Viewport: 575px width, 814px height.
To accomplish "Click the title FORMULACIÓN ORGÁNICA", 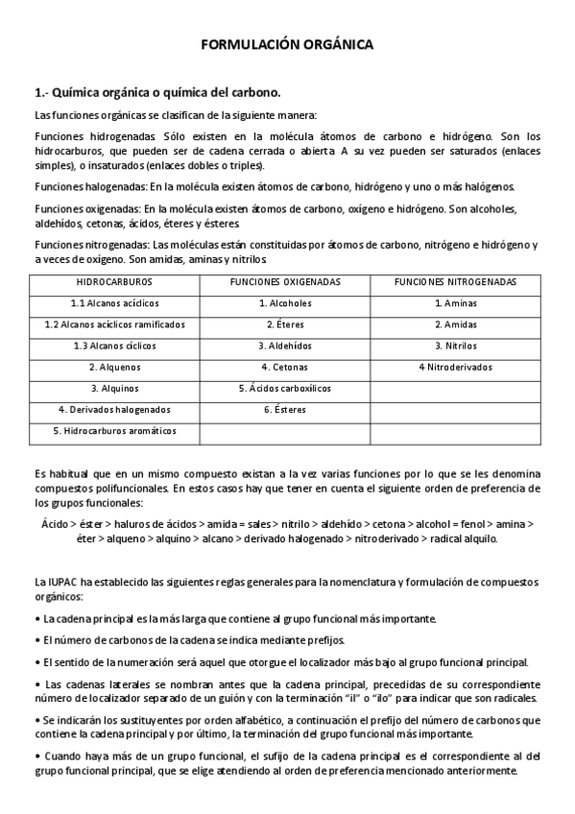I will pyautogui.click(x=287, y=44).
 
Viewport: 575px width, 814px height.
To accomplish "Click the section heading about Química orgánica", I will pyautogui.click(x=157, y=93).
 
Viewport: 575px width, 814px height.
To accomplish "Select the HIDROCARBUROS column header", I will pyautogui.click(x=114, y=282).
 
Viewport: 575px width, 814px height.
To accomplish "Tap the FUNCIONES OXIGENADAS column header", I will pyautogui.click(x=285, y=282).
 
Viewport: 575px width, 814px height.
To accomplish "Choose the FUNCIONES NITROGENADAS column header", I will pyautogui.click(x=456, y=282).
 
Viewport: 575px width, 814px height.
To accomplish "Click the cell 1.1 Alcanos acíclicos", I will pyautogui.click(x=114, y=303).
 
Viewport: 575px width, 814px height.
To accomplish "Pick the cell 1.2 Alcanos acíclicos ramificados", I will pyautogui.click(x=114, y=324).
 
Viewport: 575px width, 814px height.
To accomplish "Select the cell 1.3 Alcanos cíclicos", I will pyautogui.click(x=114, y=346).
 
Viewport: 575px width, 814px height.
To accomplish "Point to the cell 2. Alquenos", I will pyautogui.click(x=114, y=367).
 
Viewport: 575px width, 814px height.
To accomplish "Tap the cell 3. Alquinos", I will pyautogui.click(x=114, y=389).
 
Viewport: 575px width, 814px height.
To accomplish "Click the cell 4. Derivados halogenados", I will pyautogui.click(x=114, y=410).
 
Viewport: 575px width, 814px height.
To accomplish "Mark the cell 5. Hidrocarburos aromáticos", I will pyautogui.click(x=114, y=431).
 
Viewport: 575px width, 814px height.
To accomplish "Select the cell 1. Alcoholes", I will pyautogui.click(x=285, y=303).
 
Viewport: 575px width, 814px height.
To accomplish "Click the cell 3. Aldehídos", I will pyautogui.click(x=285, y=346).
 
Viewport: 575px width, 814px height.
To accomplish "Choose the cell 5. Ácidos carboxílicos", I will pyautogui.click(x=285, y=389).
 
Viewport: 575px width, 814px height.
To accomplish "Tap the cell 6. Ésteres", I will pyautogui.click(x=285, y=410).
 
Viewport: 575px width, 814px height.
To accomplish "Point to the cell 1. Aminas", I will pyautogui.click(x=456, y=303).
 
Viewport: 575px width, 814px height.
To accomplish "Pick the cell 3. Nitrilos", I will pyautogui.click(x=456, y=346).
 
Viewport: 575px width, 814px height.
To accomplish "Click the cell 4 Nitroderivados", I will pyautogui.click(x=456, y=367).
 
